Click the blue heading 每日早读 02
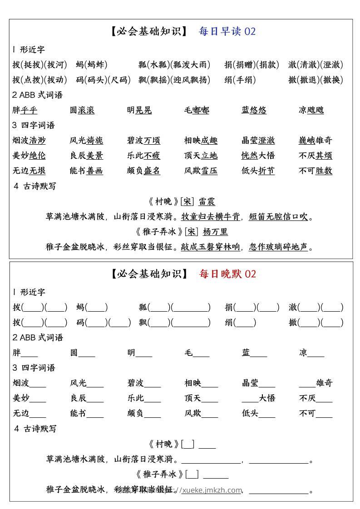pyautogui.click(x=227, y=31)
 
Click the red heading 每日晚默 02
pyautogui.click(x=227, y=274)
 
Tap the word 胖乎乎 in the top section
pyautogui.click(x=25, y=110)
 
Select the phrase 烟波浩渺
pyautogui.click(x=29, y=141)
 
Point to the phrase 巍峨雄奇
pyautogui.click(x=316, y=141)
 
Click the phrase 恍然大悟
pyautogui.click(x=258, y=156)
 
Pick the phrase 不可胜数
pyautogui.click(x=316, y=171)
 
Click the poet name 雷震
pyautogui.click(x=207, y=202)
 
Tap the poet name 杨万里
pyautogui.click(x=215, y=232)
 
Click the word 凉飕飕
pyautogui.click(x=311, y=110)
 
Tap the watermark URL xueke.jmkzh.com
pyautogui.click(x=212, y=490)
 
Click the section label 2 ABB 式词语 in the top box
pyautogui.click(x=38, y=95)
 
